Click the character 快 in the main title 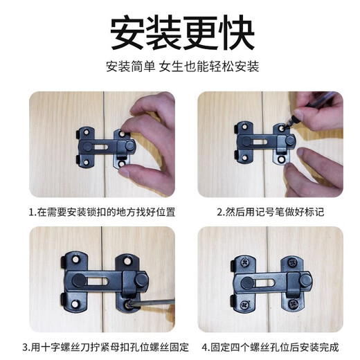pos(233,30)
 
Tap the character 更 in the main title pos(199,30)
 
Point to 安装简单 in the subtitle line pos(129,69)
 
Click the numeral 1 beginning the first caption pos(31,212)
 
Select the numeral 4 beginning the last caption pos(203,347)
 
